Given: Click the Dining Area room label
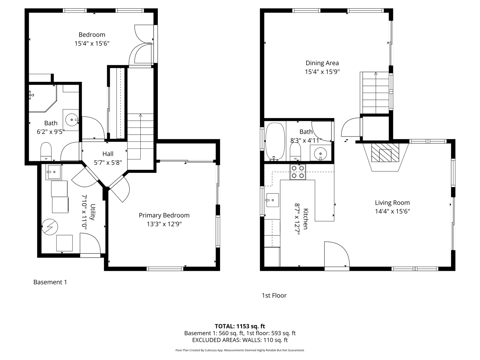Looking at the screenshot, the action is pyautogui.click(x=322, y=63).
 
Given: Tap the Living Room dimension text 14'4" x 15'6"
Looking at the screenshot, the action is pyautogui.click(x=392, y=211).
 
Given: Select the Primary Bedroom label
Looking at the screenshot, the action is pyautogui.click(x=164, y=215).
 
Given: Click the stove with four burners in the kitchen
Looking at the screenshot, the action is pyautogui.click(x=298, y=172).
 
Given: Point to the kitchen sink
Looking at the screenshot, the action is pyautogui.click(x=272, y=200).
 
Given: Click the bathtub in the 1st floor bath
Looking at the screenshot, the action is pyautogui.click(x=275, y=141).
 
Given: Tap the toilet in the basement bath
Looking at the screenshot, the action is pyautogui.click(x=46, y=151).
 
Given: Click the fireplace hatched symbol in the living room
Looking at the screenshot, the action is pyautogui.click(x=385, y=153).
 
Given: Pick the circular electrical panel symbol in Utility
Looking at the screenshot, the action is pyautogui.click(x=50, y=227).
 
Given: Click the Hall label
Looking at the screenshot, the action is pyautogui.click(x=108, y=154).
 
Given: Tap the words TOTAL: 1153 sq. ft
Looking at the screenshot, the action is pyautogui.click(x=240, y=326).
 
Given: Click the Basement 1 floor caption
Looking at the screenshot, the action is pyautogui.click(x=50, y=282).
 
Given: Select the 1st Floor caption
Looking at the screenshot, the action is pyautogui.click(x=274, y=295).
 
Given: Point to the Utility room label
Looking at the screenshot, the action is pyautogui.click(x=93, y=212).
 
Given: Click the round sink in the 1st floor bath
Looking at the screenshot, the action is pyautogui.click(x=320, y=154).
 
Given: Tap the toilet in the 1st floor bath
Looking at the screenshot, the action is pyautogui.click(x=295, y=151).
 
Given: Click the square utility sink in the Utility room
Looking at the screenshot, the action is pyautogui.click(x=54, y=172).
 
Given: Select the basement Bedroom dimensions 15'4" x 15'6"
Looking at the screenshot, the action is pyautogui.click(x=92, y=43).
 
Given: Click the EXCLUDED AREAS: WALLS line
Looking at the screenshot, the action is pyautogui.click(x=240, y=340).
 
